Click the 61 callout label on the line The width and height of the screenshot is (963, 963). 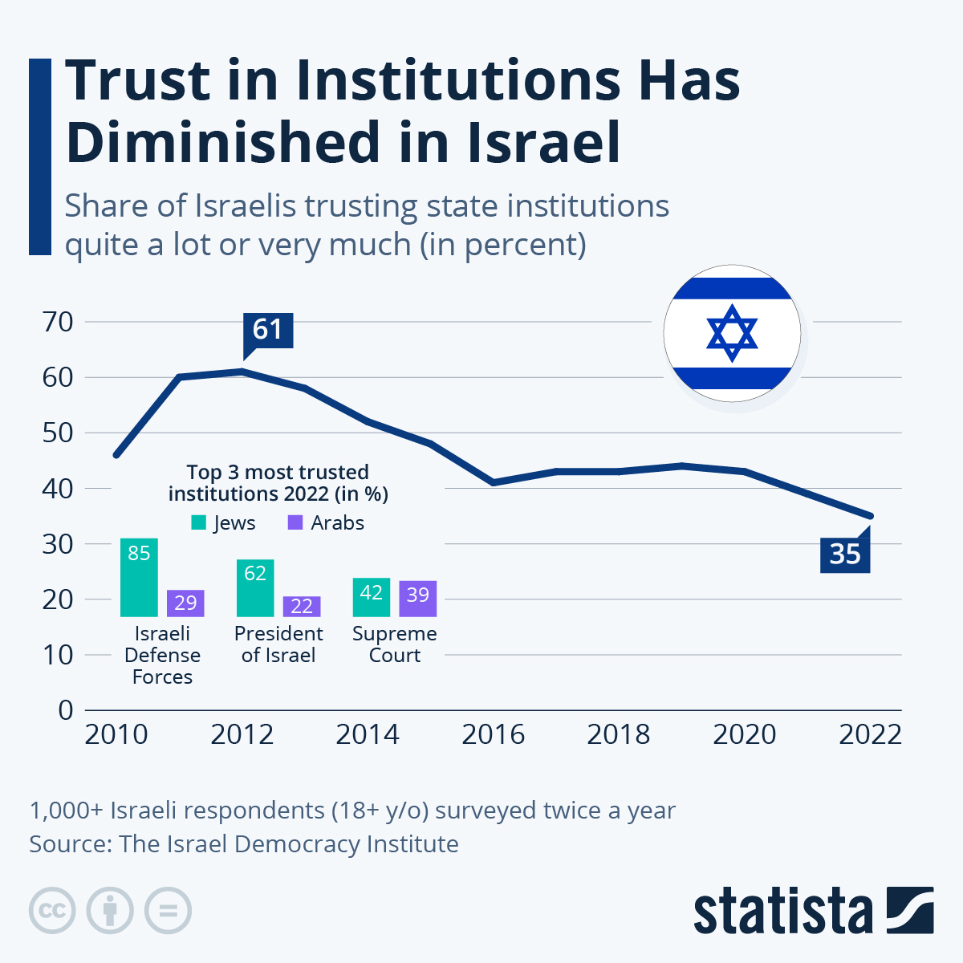point(268,330)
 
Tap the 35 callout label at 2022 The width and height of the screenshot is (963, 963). point(845,555)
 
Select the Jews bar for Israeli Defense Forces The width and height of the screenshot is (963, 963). point(139,577)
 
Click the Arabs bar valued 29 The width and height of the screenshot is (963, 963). point(185,603)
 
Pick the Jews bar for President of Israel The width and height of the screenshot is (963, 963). point(255,587)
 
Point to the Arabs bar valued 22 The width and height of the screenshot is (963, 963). point(302,607)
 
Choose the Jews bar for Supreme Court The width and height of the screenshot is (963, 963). point(371,597)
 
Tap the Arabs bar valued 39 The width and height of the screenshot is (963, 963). point(417,598)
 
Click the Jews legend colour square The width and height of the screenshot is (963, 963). point(199,522)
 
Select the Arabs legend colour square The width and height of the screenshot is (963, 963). point(295,522)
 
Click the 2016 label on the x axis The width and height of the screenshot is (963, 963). point(493,734)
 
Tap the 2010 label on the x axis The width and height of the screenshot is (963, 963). point(116,734)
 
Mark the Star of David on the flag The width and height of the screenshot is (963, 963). point(732,333)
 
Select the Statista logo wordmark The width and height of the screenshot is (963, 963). point(782,911)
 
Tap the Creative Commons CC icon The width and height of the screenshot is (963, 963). point(52,911)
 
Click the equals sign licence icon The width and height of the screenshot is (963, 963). point(168,911)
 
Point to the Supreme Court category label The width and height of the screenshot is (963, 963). point(395,644)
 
